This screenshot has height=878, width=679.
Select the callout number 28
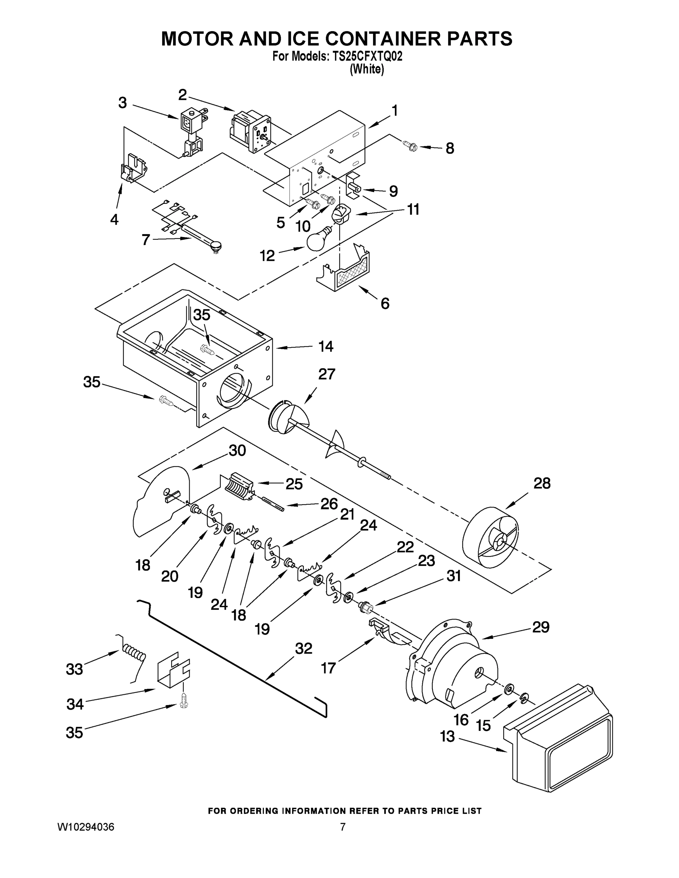541,483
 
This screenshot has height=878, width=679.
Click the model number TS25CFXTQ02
365,57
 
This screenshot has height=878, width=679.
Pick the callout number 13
447,736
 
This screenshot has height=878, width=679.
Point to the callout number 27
326,374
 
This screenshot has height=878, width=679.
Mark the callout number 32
303,649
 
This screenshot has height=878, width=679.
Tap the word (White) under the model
366,70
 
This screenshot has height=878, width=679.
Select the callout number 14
325,346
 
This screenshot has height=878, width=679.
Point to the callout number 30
237,451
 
